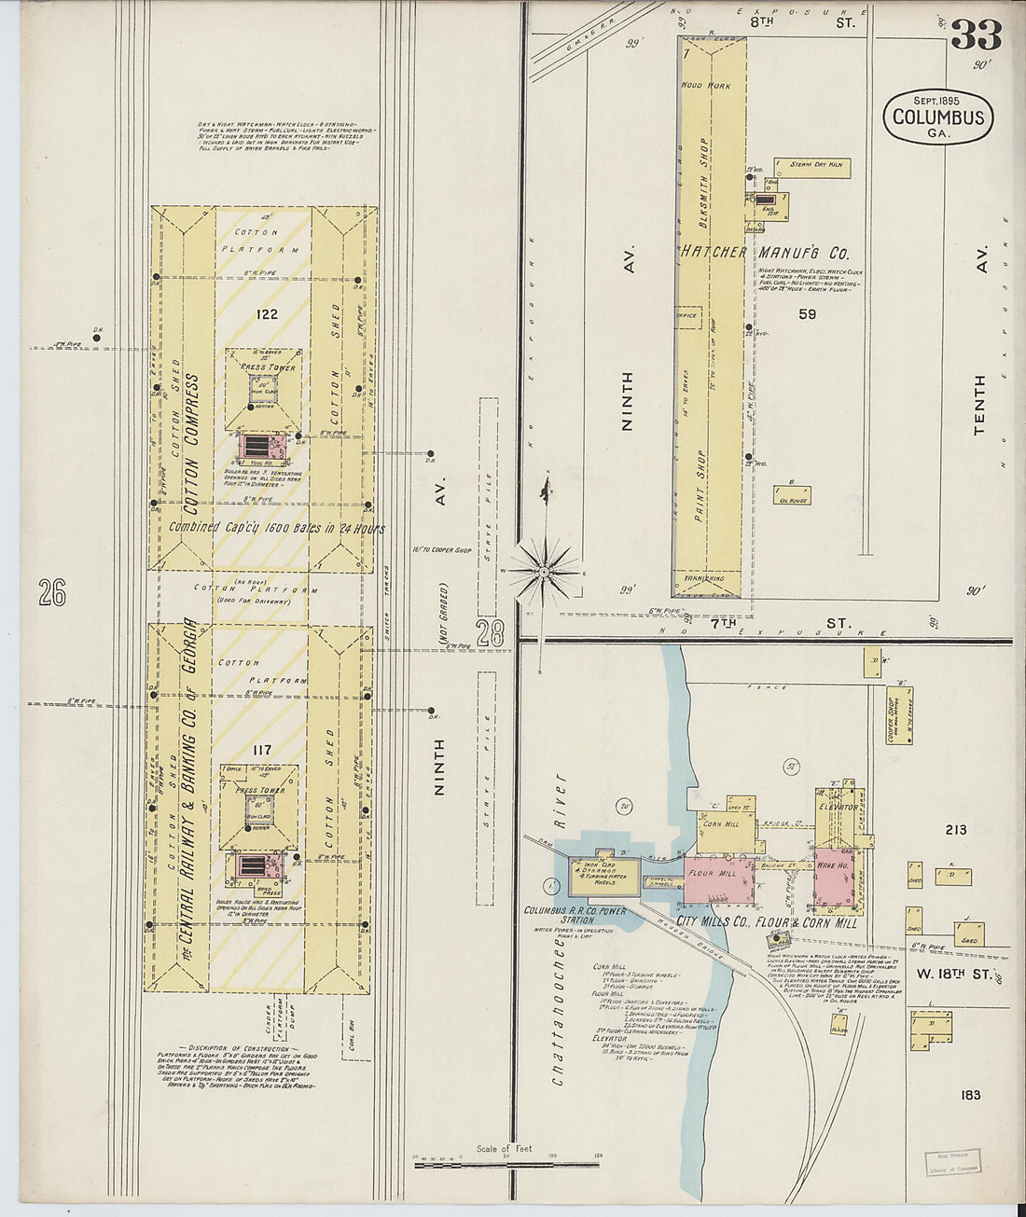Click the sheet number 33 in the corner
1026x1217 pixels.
pos(976,35)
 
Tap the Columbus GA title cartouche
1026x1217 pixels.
pos(937,117)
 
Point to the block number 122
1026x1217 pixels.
pos(267,314)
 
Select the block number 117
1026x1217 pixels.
pos(261,749)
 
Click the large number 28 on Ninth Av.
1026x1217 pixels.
pos(490,633)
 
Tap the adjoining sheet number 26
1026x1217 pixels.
pos(52,592)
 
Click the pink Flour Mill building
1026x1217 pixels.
pos(719,878)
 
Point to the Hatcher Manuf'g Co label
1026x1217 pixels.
pos(764,252)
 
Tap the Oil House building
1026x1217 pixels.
pos(792,495)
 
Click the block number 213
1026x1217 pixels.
pos(955,829)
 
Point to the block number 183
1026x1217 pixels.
pos(970,1094)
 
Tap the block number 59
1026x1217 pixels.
pos(807,314)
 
